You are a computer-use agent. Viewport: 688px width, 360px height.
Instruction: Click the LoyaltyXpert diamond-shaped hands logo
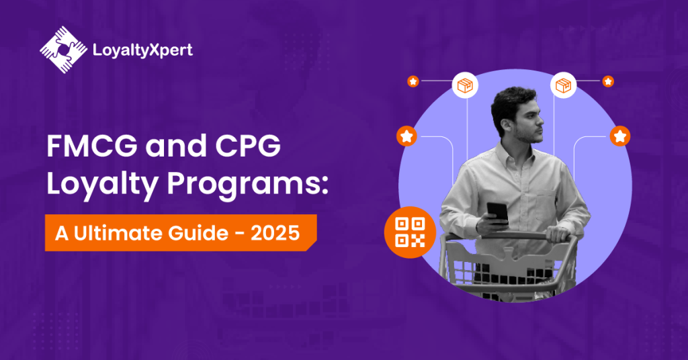point(64,50)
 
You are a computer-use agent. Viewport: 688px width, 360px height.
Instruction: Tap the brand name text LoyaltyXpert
point(142,50)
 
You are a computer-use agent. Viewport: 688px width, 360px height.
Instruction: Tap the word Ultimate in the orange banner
point(118,233)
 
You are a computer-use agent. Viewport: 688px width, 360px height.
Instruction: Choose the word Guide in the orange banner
point(198,233)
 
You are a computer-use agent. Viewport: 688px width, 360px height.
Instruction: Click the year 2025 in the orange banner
point(275,233)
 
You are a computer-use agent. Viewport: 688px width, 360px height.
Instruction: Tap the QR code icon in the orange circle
point(410,232)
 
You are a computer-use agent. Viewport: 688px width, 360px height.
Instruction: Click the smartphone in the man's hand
point(497,213)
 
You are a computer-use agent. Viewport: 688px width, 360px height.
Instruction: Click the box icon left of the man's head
point(465,85)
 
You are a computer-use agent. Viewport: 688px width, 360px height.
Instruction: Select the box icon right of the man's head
point(564,85)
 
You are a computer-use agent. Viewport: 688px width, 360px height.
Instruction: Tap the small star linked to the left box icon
point(413,81)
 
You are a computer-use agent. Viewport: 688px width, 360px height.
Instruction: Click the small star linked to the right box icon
point(607,81)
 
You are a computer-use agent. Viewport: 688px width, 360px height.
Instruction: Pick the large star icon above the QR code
point(406,136)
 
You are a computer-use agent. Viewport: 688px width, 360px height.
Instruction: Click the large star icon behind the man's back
point(620,136)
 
